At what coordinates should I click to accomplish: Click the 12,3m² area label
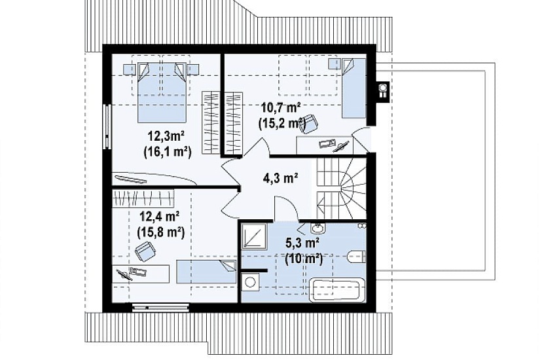166,136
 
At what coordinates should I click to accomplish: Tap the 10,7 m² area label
281,108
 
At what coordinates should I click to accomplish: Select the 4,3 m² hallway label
280,178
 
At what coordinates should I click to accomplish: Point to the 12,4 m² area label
159,217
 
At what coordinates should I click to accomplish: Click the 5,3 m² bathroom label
302,243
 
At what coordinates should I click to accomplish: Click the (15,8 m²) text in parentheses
160,232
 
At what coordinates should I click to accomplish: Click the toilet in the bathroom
357,257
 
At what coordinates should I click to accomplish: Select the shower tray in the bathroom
254,236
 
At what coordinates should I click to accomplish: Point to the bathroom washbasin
317,228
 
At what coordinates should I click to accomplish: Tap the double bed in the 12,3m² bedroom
162,92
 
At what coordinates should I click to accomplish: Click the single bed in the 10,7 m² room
353,88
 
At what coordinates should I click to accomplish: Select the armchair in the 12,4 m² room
145,251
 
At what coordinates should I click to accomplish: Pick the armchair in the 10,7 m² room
308,123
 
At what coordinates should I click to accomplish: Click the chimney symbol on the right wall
383,90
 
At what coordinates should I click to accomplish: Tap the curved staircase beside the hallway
342,188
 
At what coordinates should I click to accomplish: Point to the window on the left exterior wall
107,126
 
